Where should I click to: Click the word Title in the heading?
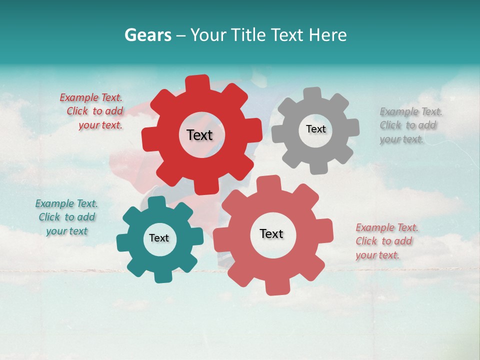248,35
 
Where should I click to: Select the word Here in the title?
328,35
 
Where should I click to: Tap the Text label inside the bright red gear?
199,135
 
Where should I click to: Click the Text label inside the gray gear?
315,129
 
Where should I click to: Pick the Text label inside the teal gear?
159,238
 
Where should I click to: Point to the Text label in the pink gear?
271,233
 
